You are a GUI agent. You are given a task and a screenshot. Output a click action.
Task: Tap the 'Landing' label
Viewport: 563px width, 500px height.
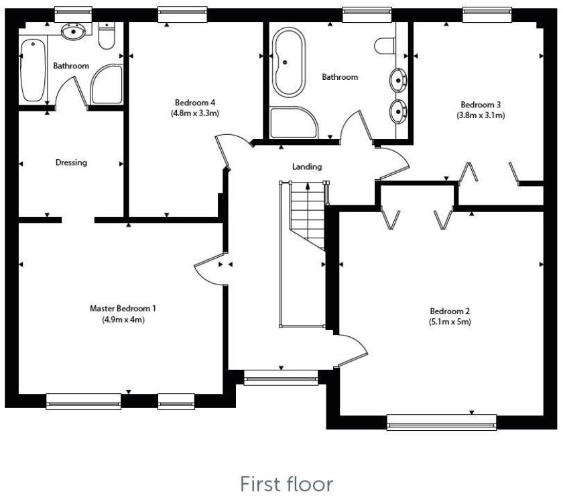(x=307, y=166)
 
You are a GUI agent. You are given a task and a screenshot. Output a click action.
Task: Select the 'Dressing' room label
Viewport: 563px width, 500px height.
(x=71, y=162)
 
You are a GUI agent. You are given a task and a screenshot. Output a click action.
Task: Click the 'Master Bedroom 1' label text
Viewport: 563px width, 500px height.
(x=123, y=309)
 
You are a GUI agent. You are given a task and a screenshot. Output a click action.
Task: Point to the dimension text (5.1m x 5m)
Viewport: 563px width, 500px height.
(x=450, y=322)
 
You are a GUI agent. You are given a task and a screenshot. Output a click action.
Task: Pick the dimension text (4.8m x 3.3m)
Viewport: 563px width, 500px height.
(x=194, y=113)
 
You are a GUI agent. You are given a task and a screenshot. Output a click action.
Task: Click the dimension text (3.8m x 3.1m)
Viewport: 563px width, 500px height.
(x=481, y=115)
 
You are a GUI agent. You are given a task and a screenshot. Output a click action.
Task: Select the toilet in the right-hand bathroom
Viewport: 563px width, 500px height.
(x=385, y=46)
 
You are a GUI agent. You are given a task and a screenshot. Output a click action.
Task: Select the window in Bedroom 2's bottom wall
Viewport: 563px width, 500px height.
(x=442, y=421)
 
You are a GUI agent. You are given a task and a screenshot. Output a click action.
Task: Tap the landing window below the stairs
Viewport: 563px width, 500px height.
(x=281, y=379)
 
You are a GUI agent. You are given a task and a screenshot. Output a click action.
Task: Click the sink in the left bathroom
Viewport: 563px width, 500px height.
(x=71, y=32)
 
